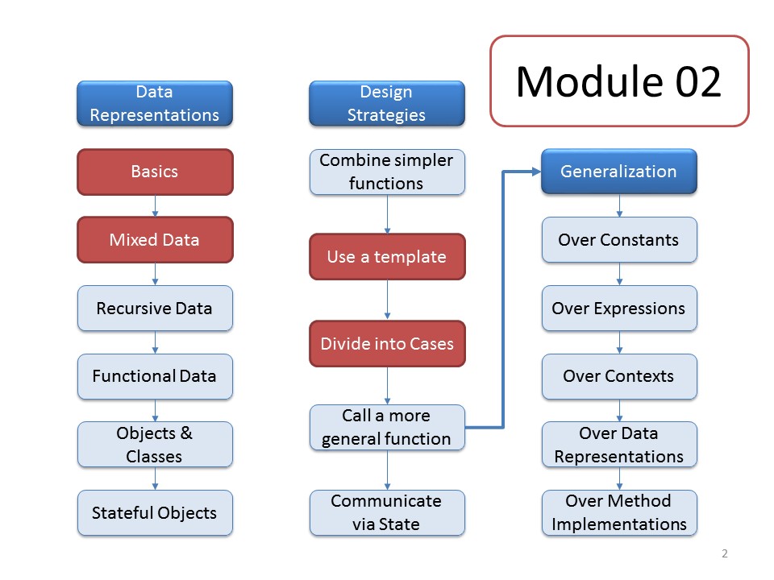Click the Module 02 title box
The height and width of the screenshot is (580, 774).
619,81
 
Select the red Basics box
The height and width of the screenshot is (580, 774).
155,172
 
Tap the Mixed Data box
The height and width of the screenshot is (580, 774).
155,240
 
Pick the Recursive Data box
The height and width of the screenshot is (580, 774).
155,309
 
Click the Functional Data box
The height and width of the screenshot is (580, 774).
155,376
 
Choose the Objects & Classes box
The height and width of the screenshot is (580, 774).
155,445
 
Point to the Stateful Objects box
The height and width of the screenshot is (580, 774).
155,513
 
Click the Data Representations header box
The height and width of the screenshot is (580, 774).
155,104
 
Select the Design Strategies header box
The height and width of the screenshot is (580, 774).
387,104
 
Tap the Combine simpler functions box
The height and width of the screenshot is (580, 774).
387,172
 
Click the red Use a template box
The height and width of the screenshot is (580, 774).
387,257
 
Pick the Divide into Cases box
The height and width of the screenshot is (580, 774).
387,344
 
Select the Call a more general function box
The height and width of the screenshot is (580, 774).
387,428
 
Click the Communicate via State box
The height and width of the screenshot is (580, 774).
387,513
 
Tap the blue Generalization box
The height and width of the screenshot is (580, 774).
619,172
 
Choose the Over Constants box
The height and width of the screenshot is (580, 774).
619,240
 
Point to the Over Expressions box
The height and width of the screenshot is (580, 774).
619,309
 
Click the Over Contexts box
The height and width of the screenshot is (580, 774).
619,376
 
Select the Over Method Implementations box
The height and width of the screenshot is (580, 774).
619,513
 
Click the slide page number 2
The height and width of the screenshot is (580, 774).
725,553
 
